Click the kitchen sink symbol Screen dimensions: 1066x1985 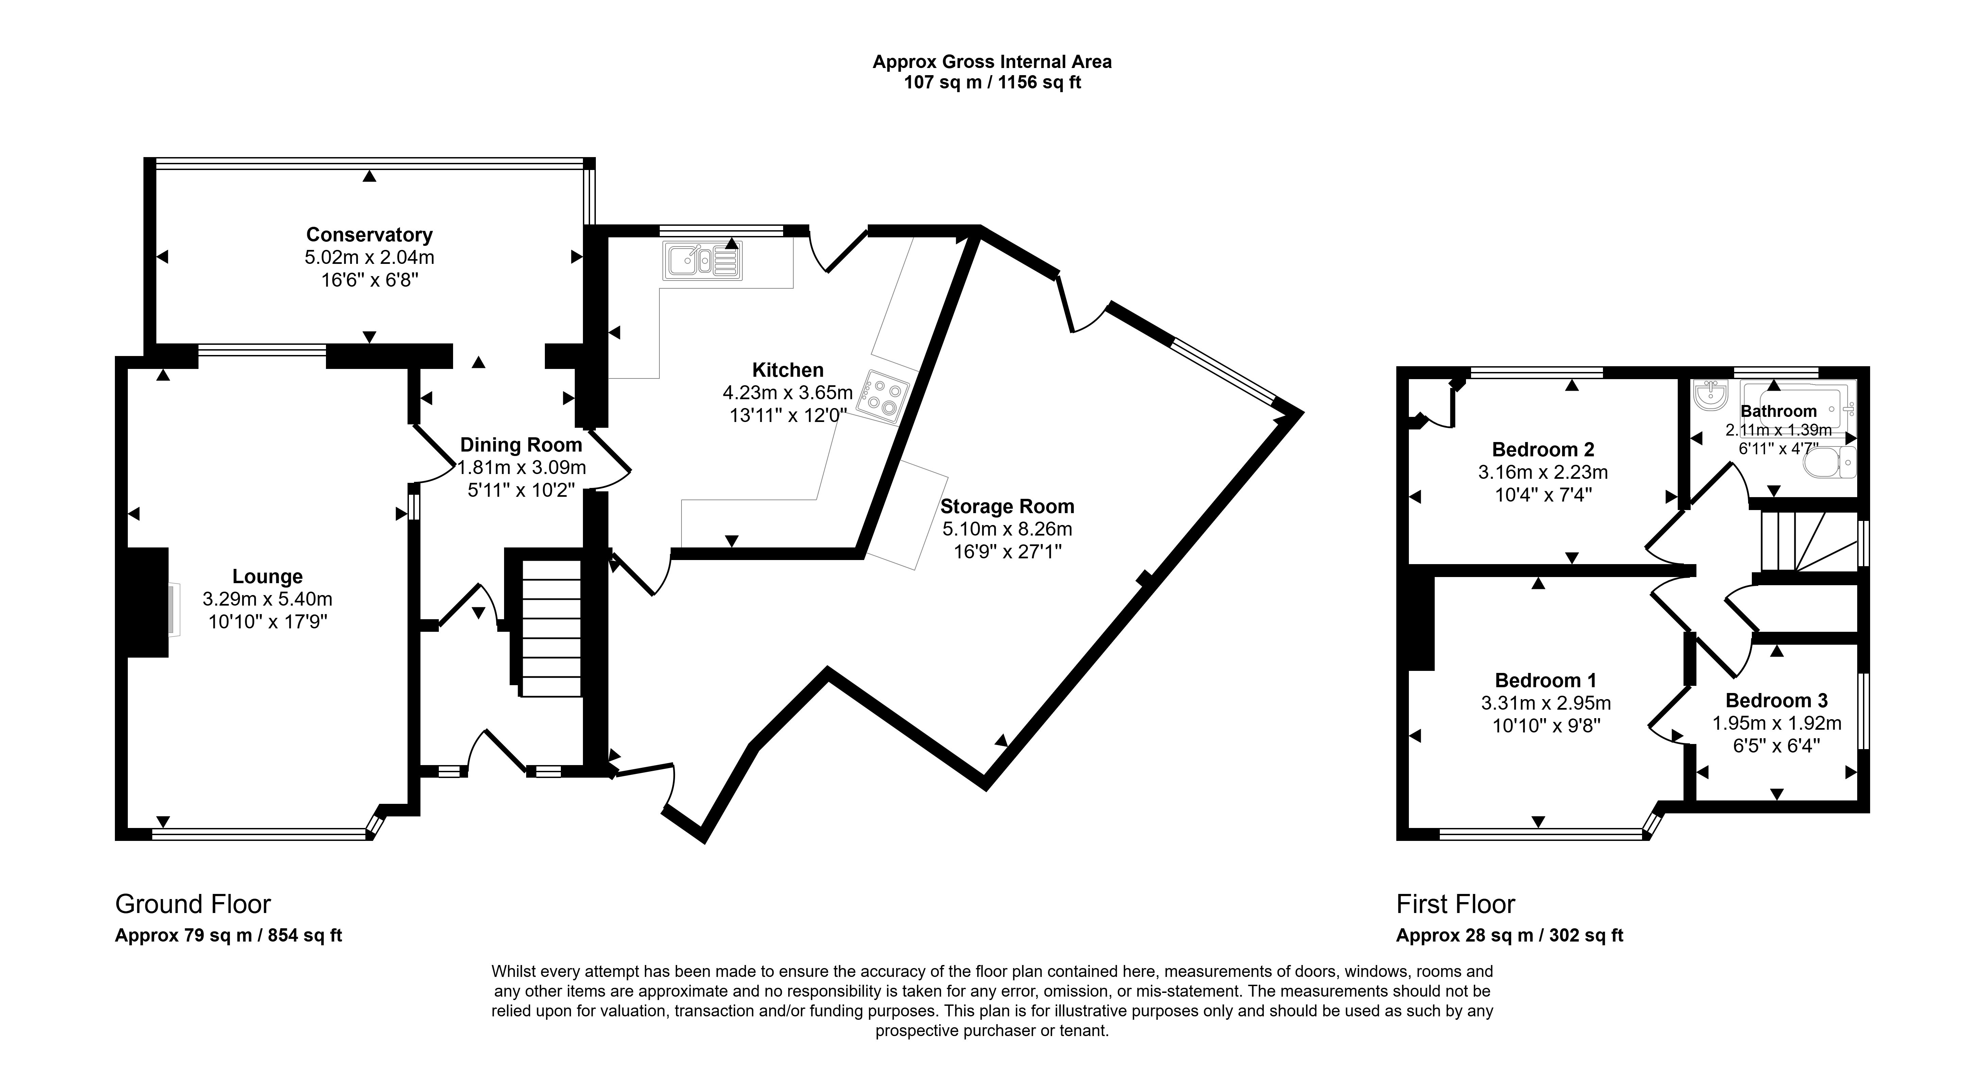click(x=702, y=260)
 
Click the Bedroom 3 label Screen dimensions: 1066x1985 click(x=1776, y=701)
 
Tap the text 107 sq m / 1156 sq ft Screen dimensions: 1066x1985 click(x=992, y=83)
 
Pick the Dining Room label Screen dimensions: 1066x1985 click(x=521, y=445)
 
